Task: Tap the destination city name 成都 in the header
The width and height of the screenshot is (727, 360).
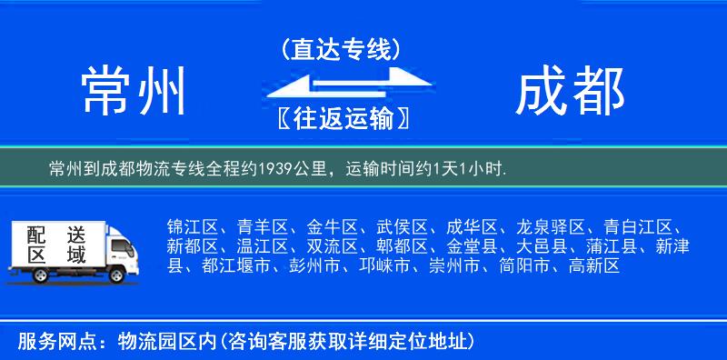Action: [x=570, y=91]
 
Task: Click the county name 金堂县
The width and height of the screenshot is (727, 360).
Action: [x=471, y=246]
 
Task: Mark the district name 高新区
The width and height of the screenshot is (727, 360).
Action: [x=593, y=266]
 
